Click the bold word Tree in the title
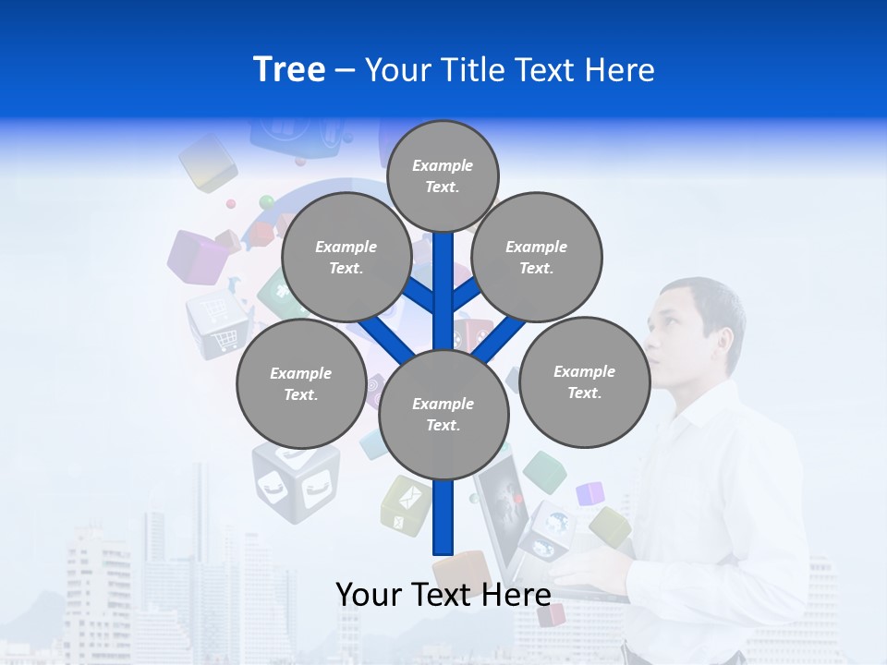click(x=289, y=70)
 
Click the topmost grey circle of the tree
click(x=443, y=175)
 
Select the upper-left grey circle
click(x=346, y=258)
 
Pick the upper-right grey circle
click(x=537, y=258)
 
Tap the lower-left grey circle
click(x=301, y=383)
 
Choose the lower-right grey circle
click(x=585, y=381)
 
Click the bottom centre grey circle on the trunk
click(x=443, y=414)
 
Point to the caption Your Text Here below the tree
click(x=443, y=594)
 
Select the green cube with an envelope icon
click(x=407, y=505)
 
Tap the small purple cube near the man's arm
click(x=589, y=494)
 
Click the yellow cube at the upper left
click(x=209, y=162)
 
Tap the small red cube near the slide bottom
click(x=551, y=614)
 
